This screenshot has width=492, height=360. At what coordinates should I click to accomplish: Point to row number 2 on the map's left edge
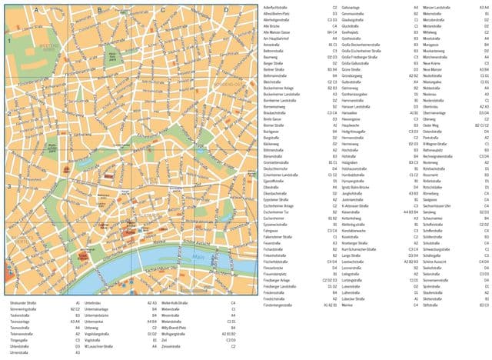click(8, 113)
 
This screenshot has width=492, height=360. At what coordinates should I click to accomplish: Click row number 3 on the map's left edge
click(8, 185)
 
